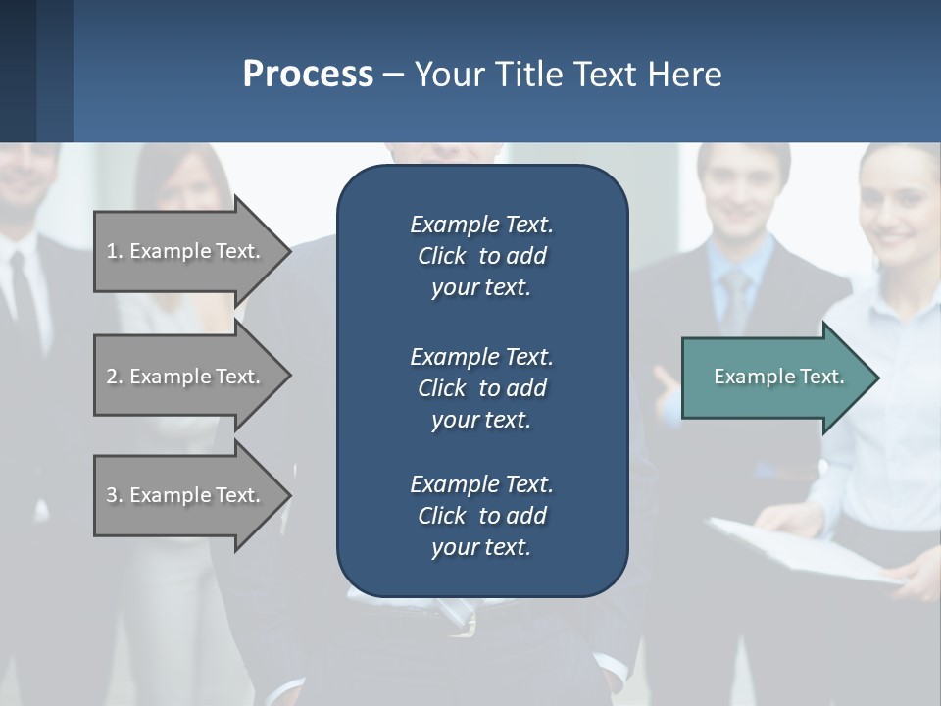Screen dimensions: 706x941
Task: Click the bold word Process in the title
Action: point(308,75)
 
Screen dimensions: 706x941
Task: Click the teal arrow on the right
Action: point(774,378)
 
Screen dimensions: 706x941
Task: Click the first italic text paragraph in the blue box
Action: point(481,256)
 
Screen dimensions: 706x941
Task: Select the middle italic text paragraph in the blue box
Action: point(481,387)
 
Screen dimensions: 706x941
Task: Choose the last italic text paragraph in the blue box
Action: point(481,516)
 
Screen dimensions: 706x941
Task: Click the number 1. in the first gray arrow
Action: point(115,251)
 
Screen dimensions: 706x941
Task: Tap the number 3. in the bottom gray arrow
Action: point(115,495)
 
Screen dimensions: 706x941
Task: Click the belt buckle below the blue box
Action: point(460,617)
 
